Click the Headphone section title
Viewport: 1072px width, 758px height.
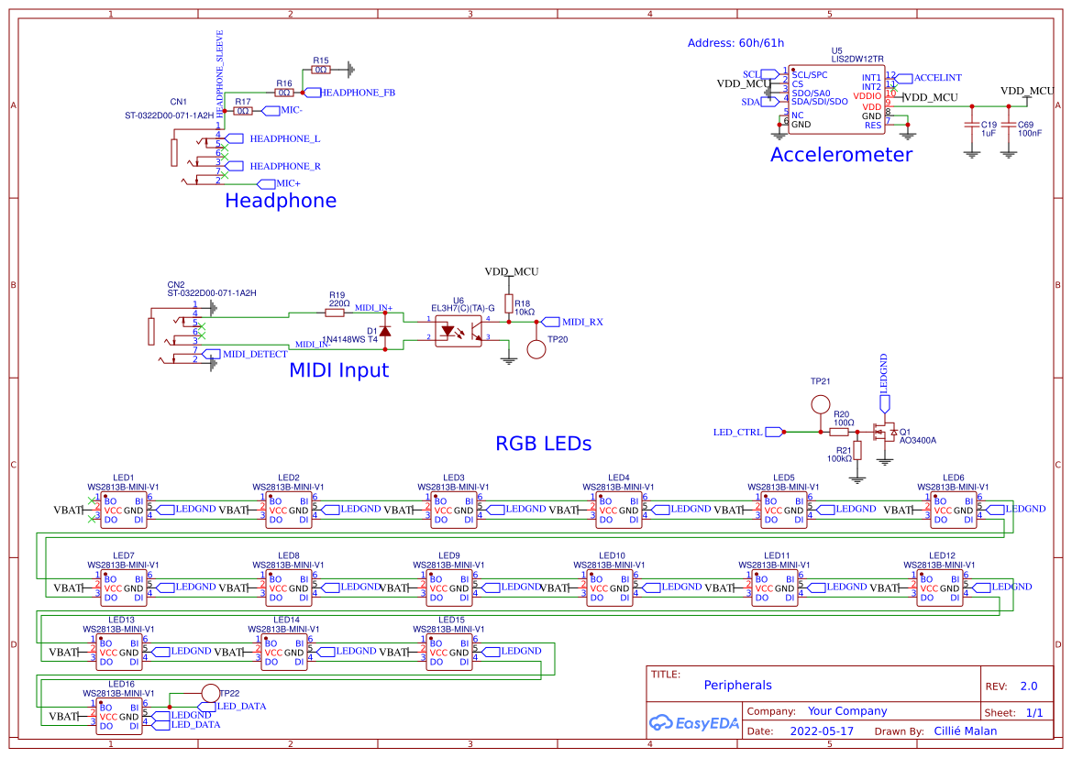tap(281, 201)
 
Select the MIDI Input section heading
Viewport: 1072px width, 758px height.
tap(338, 371)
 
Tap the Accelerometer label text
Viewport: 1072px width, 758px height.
tap(841, 155)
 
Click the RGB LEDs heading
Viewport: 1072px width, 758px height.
tap(543, 444)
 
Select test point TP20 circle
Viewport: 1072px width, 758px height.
tap(536, 349)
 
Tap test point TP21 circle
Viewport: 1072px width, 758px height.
tap(820, 405)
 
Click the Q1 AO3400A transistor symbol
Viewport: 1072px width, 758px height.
tap(885, 432)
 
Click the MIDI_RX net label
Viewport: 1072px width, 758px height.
tap(581, 322)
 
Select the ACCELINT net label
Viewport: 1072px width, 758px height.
tap(937, 78)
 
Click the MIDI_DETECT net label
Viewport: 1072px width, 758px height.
tap(254, 354)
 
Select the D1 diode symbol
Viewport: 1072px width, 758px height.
tap(385, 329)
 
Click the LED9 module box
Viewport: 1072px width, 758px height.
tap(449, 587)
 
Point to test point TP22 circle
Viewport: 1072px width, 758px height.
tap(210, 694)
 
